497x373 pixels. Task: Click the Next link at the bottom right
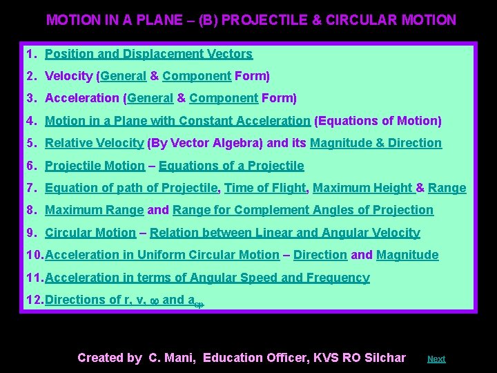click(x=436, y=359)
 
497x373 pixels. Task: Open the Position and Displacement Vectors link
click(x=148, y=54)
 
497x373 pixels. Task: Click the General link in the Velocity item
click(x=124, y=76)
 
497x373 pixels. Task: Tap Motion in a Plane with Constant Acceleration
click(x=177, y=121)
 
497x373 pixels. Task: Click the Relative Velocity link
click(x=94, y=143)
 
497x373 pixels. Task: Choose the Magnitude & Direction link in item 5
click(x=376, y=143)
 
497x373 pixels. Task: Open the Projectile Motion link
click(x=95, y=166)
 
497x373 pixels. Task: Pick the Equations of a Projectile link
click(x=231, y=166)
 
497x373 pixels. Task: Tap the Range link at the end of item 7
click(x=447, y=188)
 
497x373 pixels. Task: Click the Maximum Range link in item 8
click(x=94, y=210)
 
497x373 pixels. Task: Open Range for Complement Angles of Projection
click(x=303, y=210)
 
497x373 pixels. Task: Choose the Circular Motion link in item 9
click(x=90, y=233)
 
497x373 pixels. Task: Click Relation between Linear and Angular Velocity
click(x=284, y=233)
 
